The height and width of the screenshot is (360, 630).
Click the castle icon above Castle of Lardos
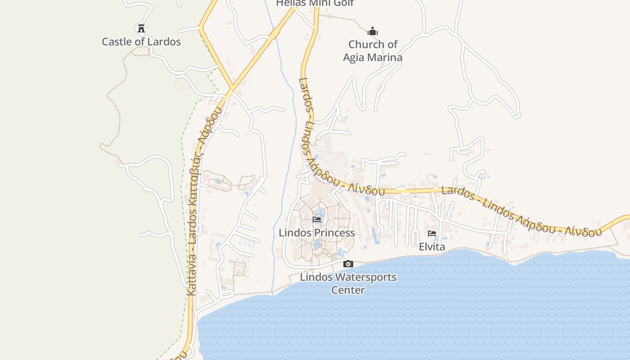pyautogui.click(x=141, y=28)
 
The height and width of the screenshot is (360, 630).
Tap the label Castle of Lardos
pyautogui.click(x=141, y=42)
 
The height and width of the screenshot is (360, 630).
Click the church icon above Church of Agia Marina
pyautogui.click(x=373, y=31)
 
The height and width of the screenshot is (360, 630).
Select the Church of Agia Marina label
pyautogui.click(x=373, y=51)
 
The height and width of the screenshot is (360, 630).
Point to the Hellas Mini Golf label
pyautogui.click(x=315, y=3)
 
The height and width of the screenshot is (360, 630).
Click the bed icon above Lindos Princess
pyautogui.click(x=317, y=220)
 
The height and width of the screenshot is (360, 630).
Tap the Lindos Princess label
pyautogui.click(x=317, y=233)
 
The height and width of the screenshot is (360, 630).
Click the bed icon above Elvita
pyautogui.click(x=432, y=234)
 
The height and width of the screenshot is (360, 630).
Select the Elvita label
pyautogui.click(x=432, y=247)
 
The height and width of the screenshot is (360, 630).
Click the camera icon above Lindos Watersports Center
pyautogui.click(x=348, y=264)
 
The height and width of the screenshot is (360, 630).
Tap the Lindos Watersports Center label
pyautogui.click(x=348, y=283)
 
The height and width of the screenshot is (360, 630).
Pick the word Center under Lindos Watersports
pyautogui.click(x=348, y=290)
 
